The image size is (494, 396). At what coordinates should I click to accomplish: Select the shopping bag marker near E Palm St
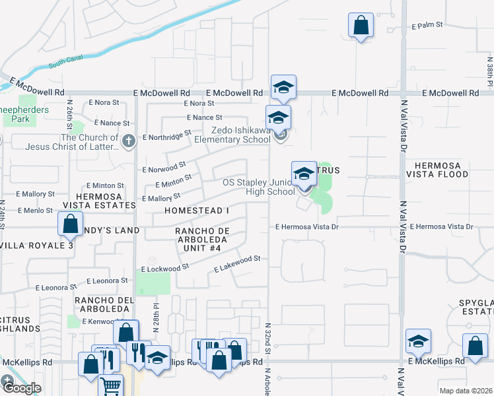[x=361, y=26]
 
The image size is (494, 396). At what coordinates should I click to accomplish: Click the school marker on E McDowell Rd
[x=283, y=87]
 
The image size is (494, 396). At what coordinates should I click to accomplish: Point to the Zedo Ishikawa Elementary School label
[x=232, y=135]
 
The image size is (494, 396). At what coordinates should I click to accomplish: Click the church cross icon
[x=129, y=139]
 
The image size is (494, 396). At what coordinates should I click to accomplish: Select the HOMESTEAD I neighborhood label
[x=197, y=210]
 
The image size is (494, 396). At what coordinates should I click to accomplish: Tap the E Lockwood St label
[x=165, y=269]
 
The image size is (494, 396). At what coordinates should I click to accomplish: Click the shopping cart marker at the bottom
[x=111, y=386]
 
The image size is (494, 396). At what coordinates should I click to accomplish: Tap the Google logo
[x=21, y=387]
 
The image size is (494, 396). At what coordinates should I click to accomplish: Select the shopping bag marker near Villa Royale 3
[x=70, y=224]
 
